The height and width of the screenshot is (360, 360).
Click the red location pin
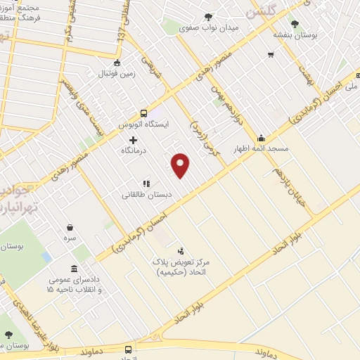181,165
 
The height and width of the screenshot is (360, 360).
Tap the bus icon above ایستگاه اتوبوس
144,112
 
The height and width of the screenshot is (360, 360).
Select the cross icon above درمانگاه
134,140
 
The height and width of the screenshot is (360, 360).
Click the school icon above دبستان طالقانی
146,184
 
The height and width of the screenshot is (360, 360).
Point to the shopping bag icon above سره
70,227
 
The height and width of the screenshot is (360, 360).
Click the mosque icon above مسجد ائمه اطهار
261,138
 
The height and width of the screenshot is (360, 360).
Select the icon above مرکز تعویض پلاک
181,250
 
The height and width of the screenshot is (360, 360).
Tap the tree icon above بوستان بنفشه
304,23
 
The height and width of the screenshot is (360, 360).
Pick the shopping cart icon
270,55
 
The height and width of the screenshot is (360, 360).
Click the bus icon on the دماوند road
128,349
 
